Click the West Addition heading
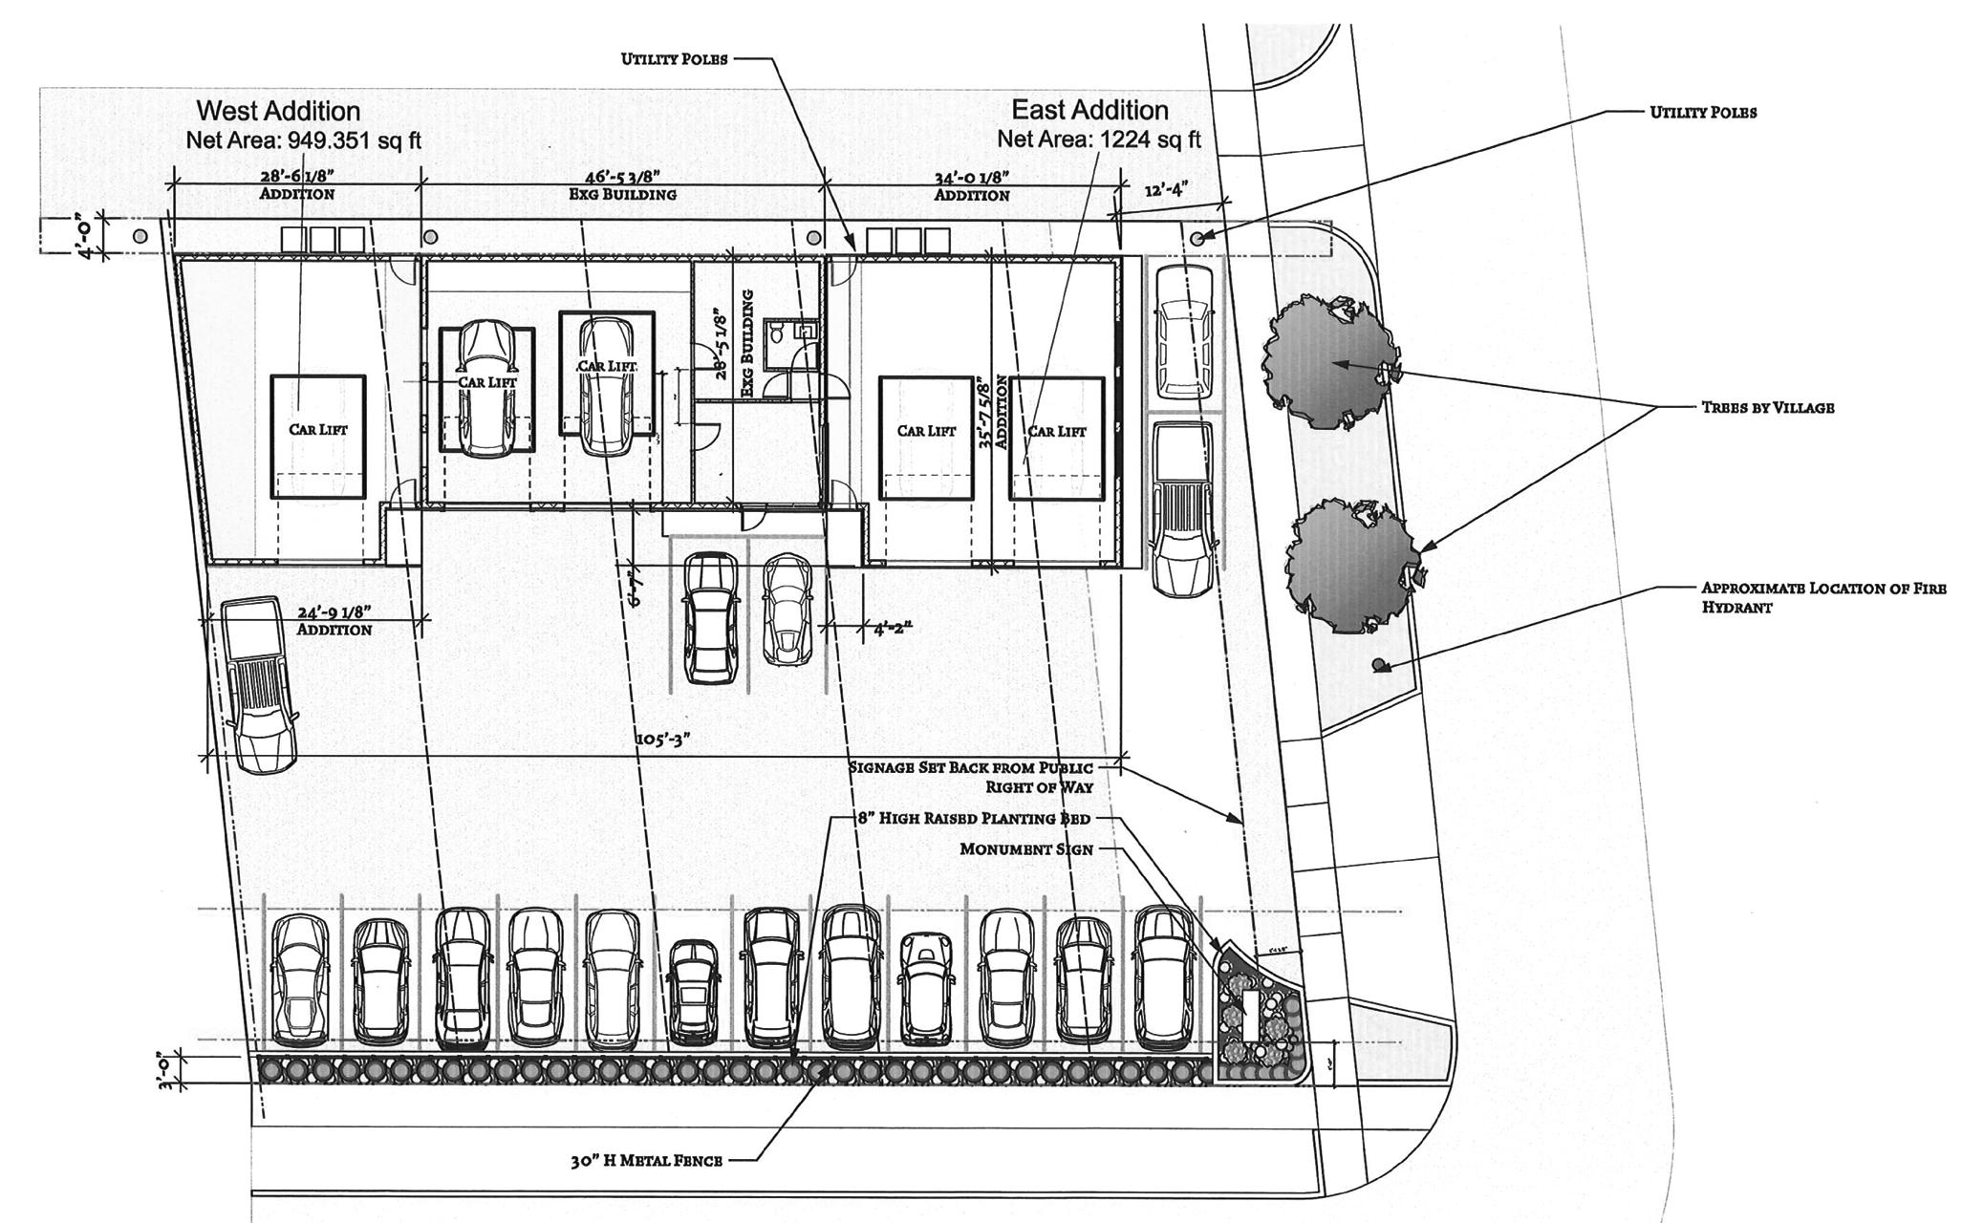pos(278,111)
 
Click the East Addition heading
pos(1089,109)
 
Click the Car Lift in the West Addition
pos(318,429)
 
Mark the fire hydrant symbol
pos(1378,665)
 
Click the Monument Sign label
pos(1026,848)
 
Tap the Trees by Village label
pos(1767,407)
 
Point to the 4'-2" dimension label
pos(893,629)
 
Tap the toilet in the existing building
pos(778,334)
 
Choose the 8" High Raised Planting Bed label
pos(959,819)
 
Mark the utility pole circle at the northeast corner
pos(1197,237)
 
